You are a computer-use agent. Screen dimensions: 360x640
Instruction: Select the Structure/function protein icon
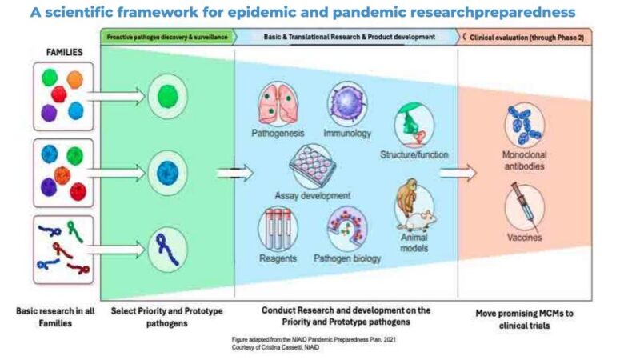click(x=413, y=126)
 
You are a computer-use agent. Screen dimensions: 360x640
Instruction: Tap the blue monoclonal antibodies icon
click(x=525, y=125)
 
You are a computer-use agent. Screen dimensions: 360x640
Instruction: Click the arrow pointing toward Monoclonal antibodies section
click(x=458, y=171)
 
